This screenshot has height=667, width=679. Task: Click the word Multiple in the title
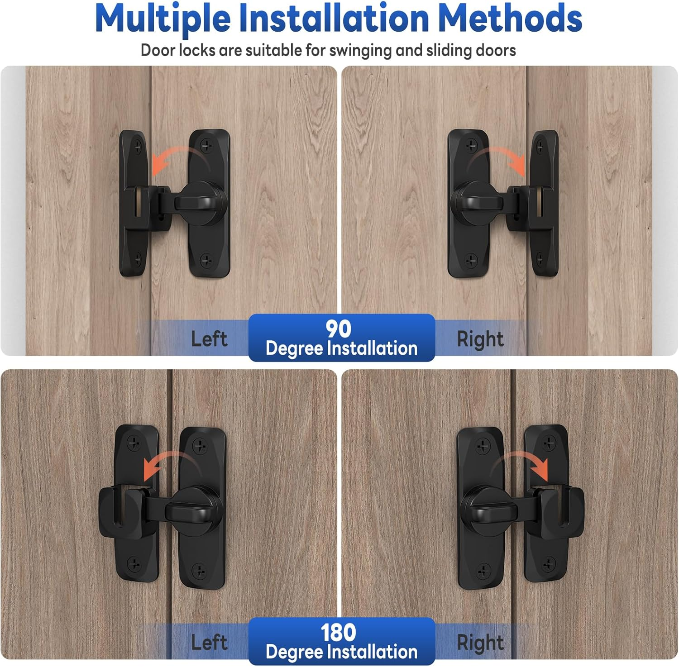click(x=163, y=19)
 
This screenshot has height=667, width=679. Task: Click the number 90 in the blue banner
click(x=339, y=329)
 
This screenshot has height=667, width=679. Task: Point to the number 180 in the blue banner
click(x=339, y=632)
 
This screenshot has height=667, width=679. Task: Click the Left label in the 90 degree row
click(x=209, y=339)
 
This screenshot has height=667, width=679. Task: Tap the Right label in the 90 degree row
click(x=480, y=339)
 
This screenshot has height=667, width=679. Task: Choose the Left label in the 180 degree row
click(x=209, y=642)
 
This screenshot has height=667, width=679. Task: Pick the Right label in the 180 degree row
click(x=480, y=643)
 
